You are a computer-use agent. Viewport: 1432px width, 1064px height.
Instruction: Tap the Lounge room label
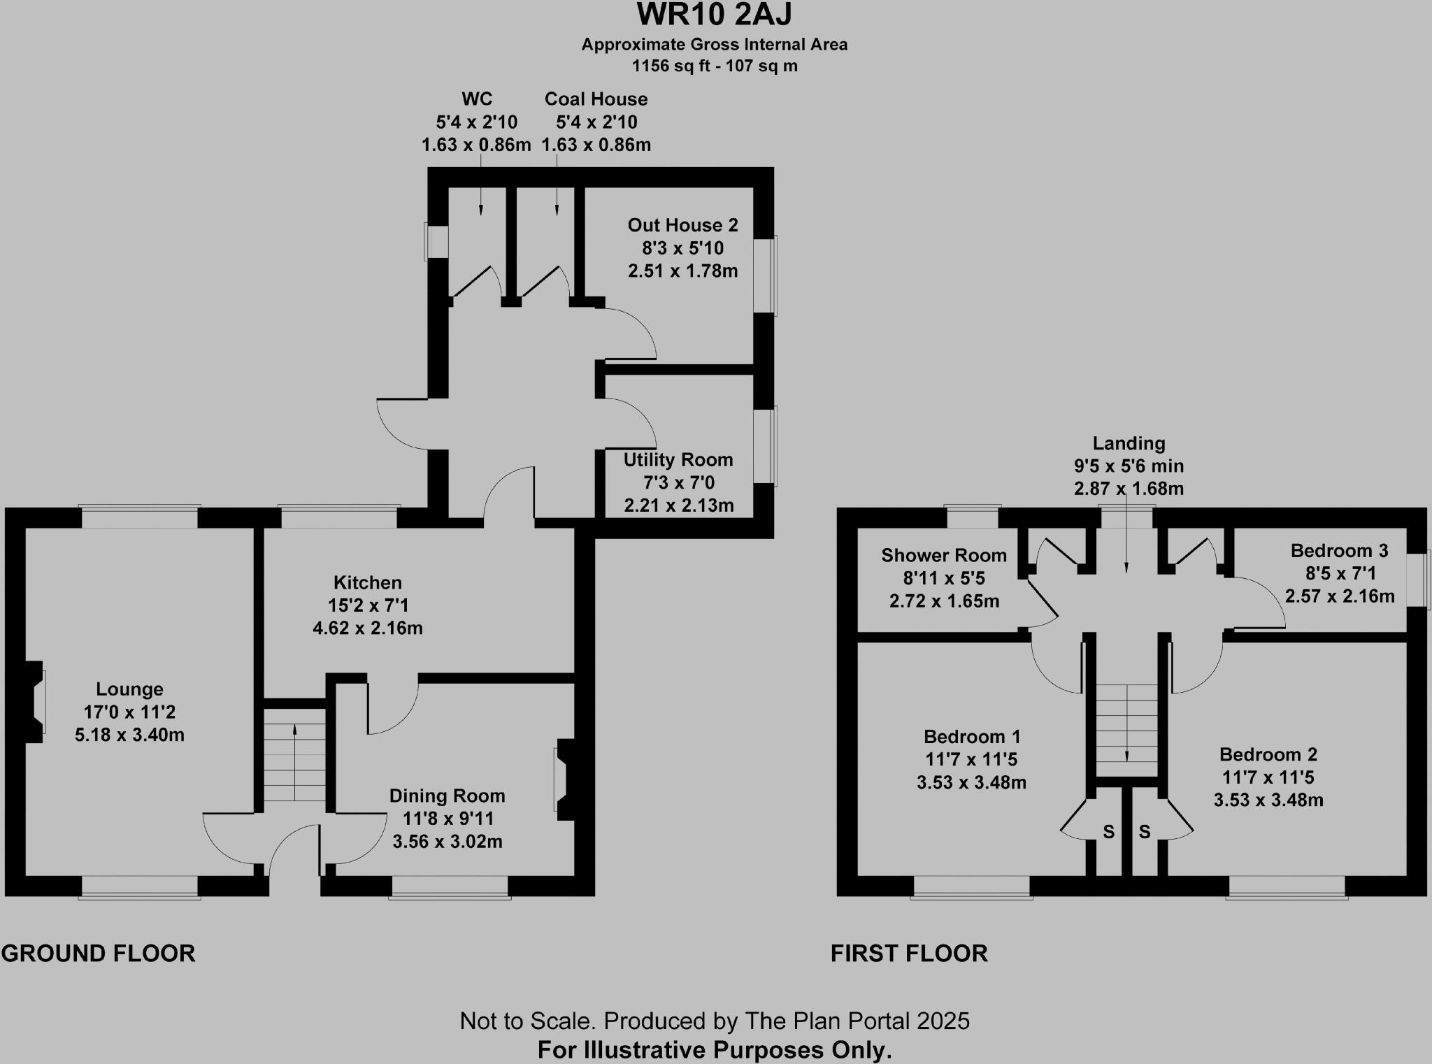tap(129, 689)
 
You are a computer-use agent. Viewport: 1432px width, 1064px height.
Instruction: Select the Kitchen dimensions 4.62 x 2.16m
tap(368, 628)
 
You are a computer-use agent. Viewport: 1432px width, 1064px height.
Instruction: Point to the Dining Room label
tap(447, 796)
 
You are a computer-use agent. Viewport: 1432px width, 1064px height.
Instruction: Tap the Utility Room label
tap(678, 460)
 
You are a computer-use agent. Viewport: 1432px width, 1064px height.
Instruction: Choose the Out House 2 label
tap(682, 225)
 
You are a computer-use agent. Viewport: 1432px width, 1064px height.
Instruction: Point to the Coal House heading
tap(596, 99)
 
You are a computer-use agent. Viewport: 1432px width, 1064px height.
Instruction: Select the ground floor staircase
tap(295, 755)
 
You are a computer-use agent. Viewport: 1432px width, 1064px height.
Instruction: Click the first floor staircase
tap(1126, 724)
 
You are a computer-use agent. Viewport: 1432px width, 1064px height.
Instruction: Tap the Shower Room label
tap(944, 556)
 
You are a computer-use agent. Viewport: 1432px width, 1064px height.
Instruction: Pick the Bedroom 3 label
tap(1339, 551)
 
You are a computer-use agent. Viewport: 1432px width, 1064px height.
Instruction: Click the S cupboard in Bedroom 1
tap(1108, 832)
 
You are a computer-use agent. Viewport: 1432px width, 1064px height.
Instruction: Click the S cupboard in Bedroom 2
tap(1145, 832)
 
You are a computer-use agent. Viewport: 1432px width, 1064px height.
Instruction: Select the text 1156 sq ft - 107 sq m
tap(715, 66)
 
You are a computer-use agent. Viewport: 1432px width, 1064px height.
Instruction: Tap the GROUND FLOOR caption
tap(98, 954)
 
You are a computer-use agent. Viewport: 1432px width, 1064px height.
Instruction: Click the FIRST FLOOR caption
tap(909, 954)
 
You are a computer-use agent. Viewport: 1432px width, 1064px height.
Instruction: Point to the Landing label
tap(1129, 443)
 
